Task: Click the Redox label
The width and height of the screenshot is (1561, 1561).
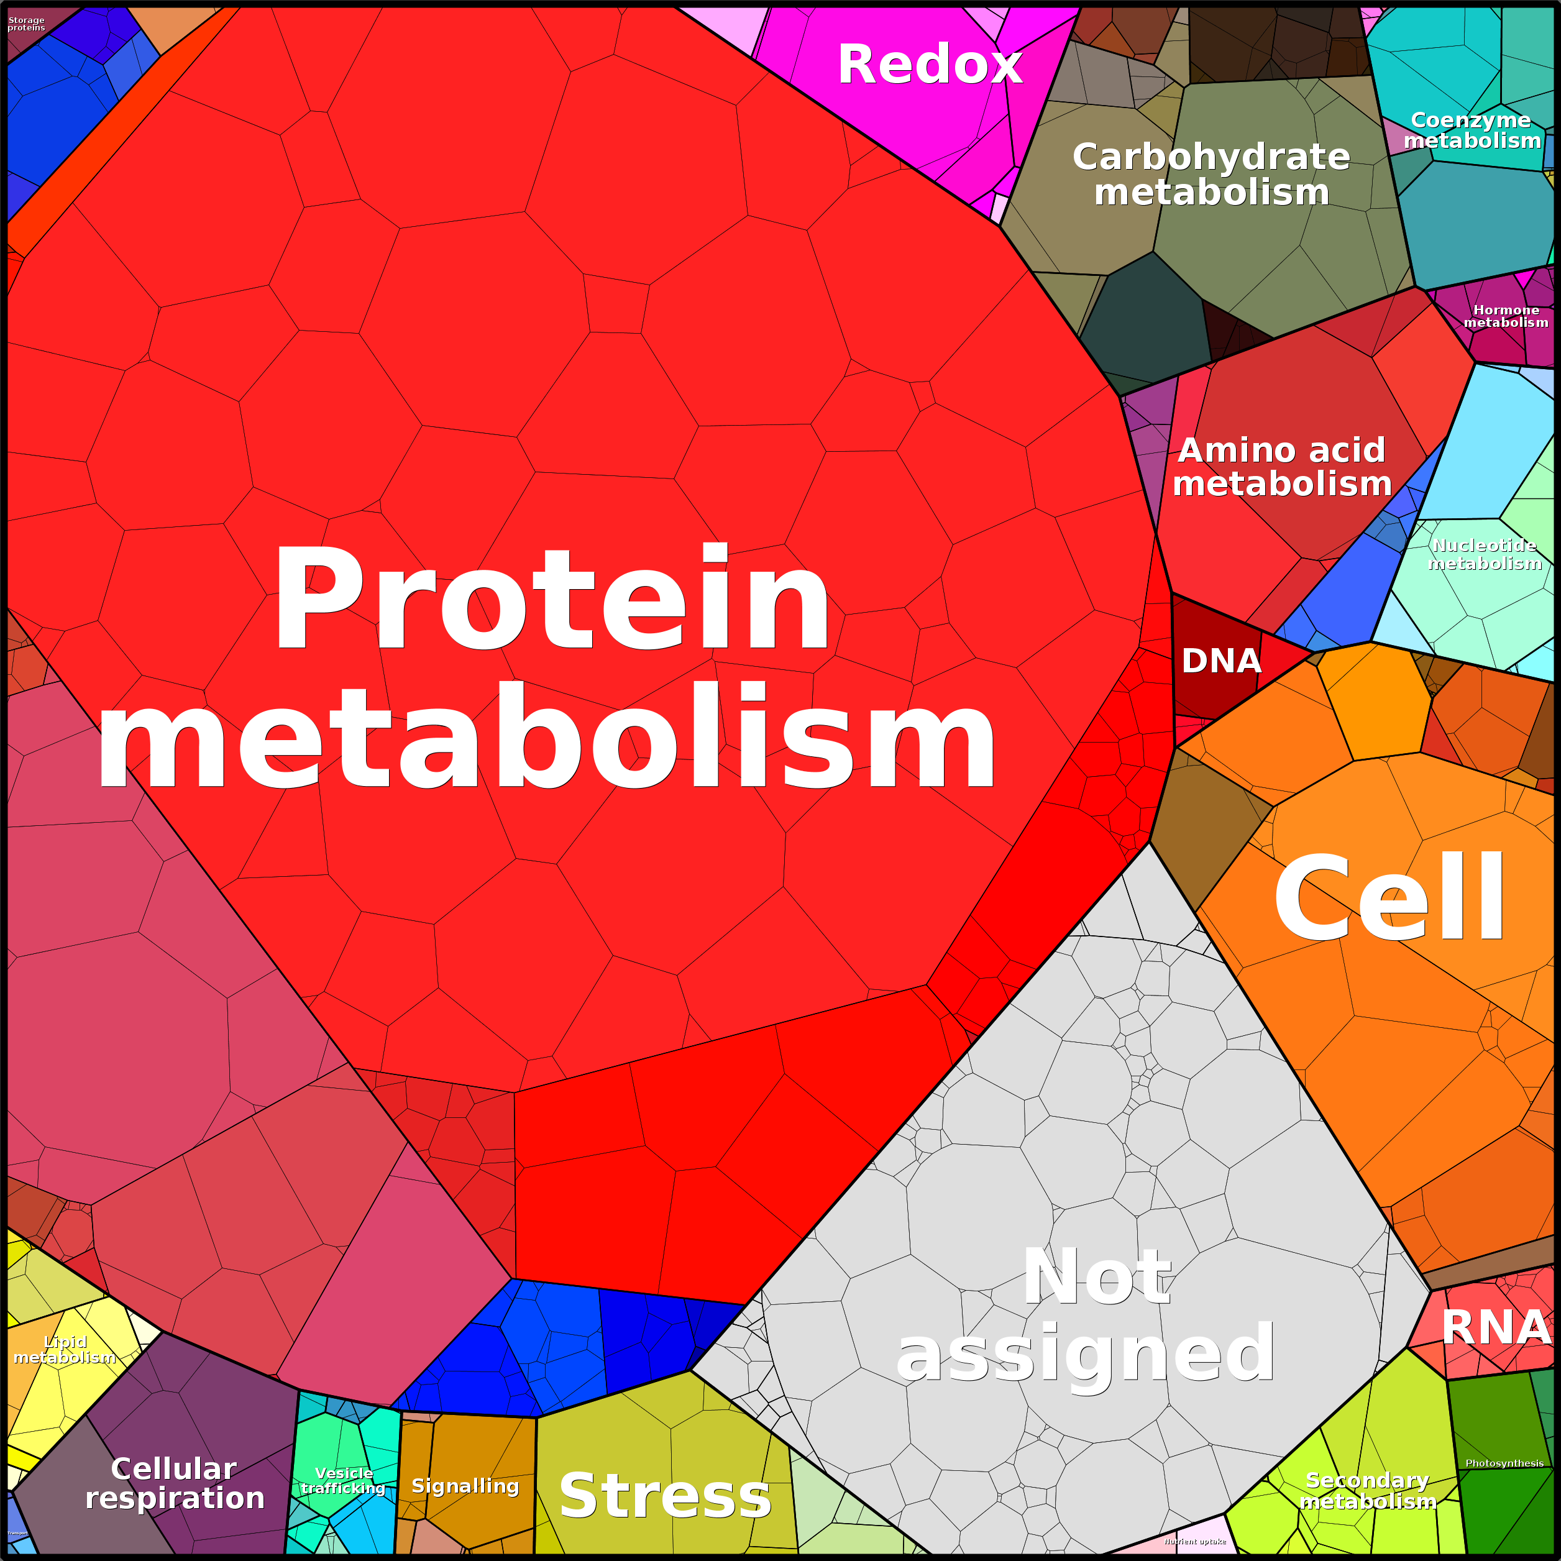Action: click(929, 65)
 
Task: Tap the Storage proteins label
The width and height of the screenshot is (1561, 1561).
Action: click(26, 24)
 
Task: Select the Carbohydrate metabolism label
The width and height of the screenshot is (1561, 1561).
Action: click(1211, 175)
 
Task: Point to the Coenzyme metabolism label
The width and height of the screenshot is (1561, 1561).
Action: click(1472, 130)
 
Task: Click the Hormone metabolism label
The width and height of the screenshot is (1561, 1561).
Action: click(1506, 316)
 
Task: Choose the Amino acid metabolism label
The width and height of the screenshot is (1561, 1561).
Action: click(1282, 467)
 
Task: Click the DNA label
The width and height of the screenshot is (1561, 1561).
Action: click(1221, 661)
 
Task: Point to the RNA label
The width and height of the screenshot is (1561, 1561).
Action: click(1496, 1327)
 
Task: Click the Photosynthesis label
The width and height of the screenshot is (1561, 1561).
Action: click(1504, 1463)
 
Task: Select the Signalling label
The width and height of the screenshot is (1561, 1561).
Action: click(465, 1486)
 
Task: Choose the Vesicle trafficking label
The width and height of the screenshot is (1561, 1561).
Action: click(344, 1481)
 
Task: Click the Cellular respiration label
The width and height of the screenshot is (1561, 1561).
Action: click(175, 1483)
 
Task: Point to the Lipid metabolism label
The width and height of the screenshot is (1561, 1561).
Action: click(65, 1349)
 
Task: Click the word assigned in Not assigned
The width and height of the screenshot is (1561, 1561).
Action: click(1085, 1354)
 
